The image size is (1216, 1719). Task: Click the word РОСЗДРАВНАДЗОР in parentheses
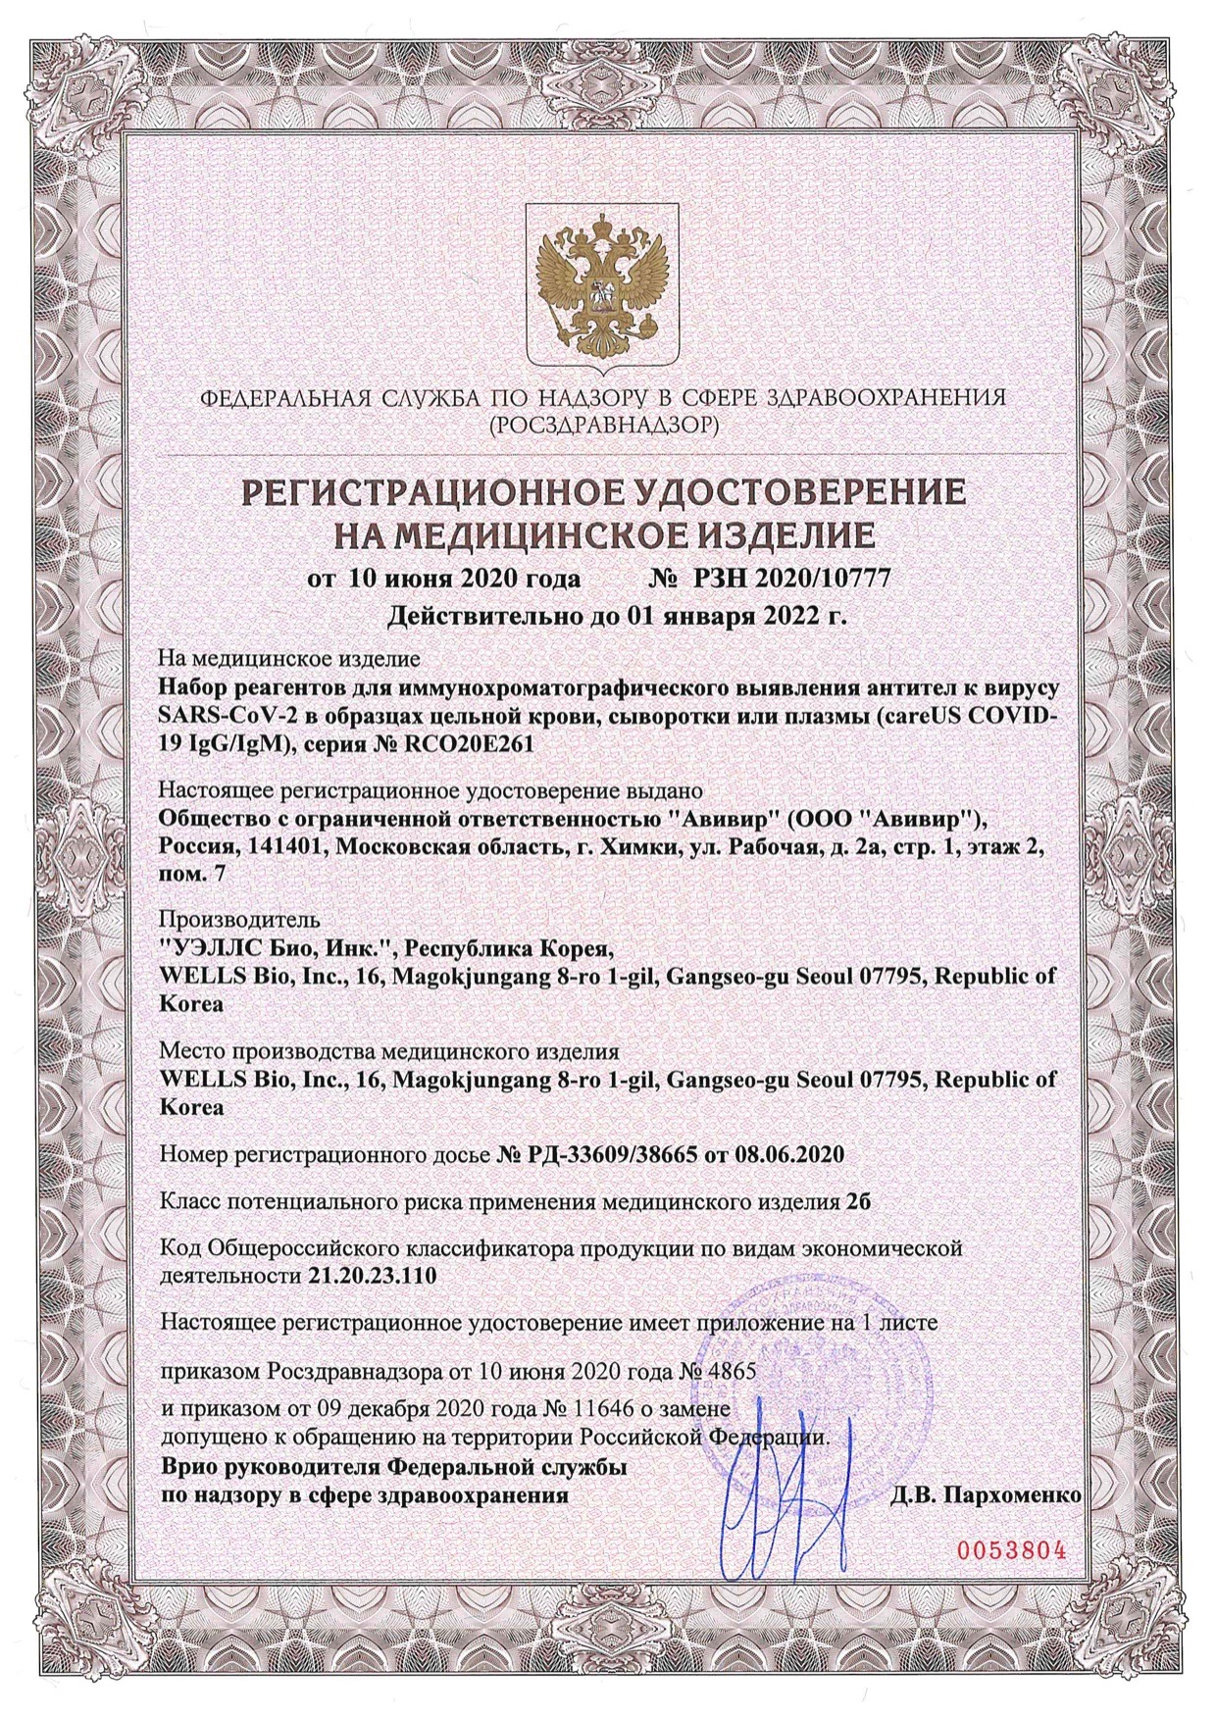point(608,425)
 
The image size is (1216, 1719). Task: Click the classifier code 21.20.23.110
point(366,1276)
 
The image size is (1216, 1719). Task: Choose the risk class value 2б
point(857,1201)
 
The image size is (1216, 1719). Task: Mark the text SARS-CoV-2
point(211,718)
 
